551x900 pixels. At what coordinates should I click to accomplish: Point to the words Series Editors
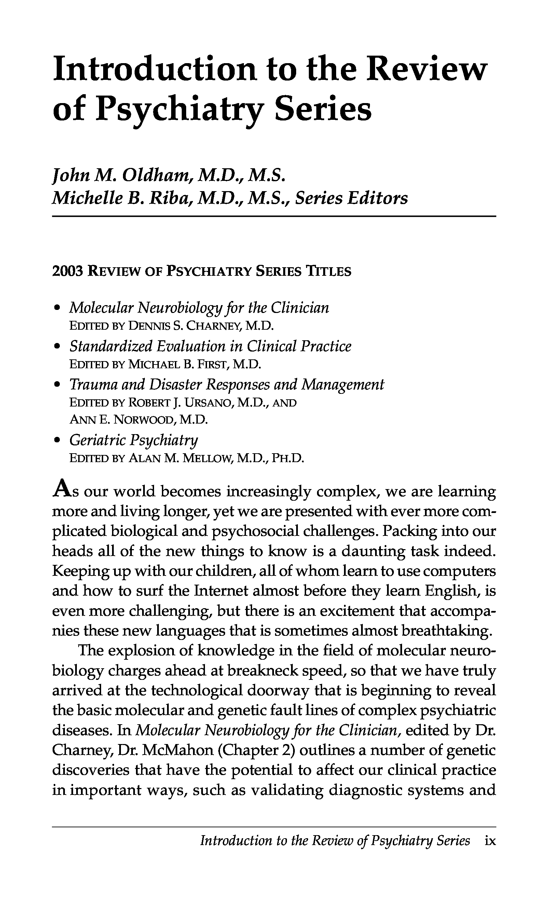coord(351,198)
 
